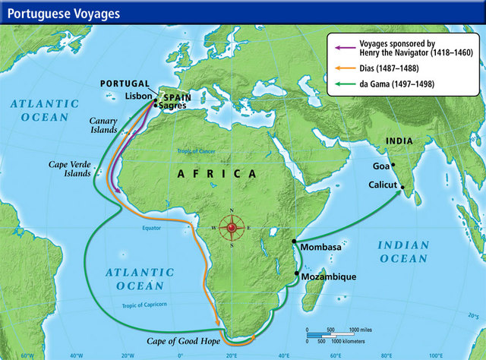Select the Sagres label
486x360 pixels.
[x=172, y=106]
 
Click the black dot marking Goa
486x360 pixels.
[x=393, y=165]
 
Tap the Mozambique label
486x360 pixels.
[x=328, y=277]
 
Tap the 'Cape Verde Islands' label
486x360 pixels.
[x=70, y=167]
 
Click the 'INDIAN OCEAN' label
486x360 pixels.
[x=403, y=252]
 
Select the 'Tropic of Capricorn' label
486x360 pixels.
[x=149, y=306]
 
